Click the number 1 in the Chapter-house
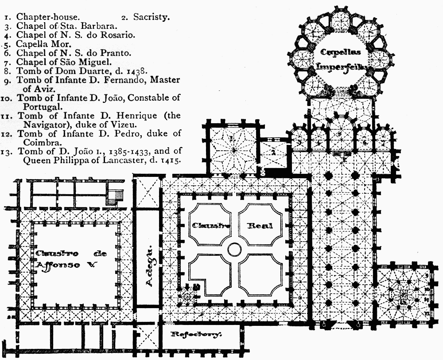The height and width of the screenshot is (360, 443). [x=232, y=139]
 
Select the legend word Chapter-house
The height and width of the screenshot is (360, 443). [x=48, y=17]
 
